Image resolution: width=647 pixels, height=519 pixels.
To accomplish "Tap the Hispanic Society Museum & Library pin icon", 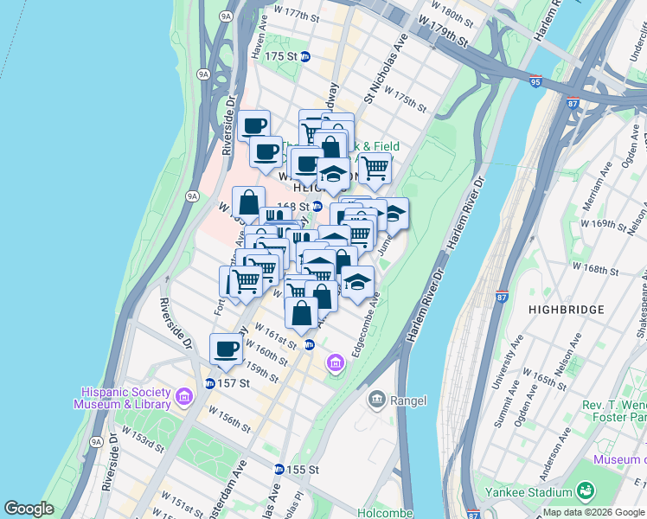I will [x=183, y=398].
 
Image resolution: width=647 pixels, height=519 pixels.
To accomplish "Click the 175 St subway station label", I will [x=286, y=56].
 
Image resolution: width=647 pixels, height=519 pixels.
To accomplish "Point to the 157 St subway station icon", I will [x=209, y=383].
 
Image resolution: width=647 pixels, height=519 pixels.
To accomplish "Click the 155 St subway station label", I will [x=303, y=469].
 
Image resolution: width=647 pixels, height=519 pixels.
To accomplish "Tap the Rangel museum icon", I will [x=376, y=399].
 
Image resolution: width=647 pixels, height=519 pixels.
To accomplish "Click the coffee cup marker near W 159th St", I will [x=227, y=350].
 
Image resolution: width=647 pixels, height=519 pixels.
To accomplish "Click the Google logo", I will [x=29, y=509].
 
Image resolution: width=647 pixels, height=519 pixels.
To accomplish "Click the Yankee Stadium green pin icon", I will [x=585, y=490].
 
